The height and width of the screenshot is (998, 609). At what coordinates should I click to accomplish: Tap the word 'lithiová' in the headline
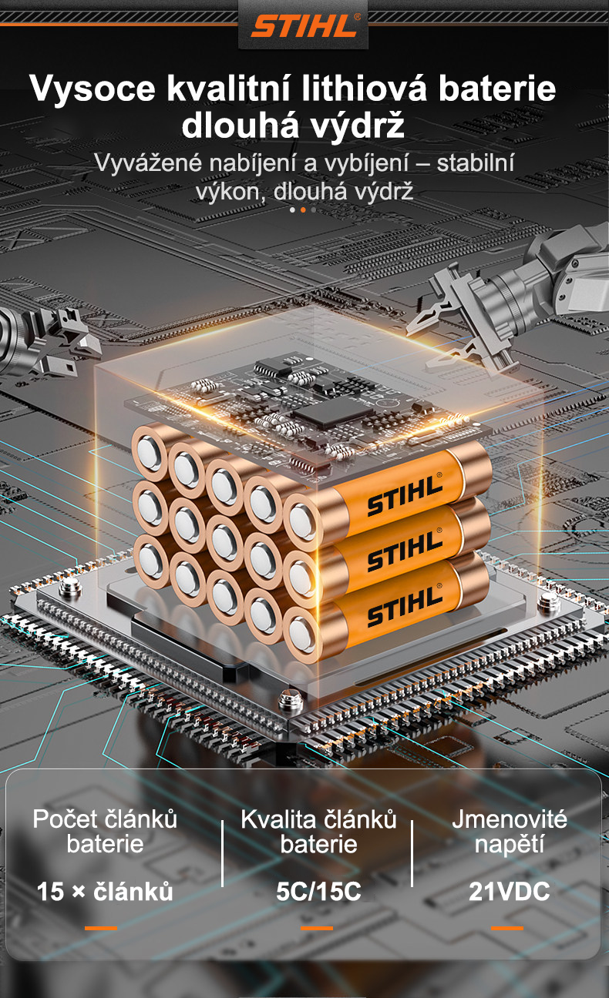pyautogui.click(x=364, y=89)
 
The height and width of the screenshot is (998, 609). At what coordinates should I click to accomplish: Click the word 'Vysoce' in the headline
pyautogui.click(x=93, y=89)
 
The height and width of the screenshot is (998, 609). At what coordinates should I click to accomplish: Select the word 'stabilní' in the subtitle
pyautogui.click(x=475, y=162)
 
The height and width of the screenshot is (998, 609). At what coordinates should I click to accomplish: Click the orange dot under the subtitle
pyautogui.click(x=303, y=210)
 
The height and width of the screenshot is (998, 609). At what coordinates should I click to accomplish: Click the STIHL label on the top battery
pyautogui.click(x=404, y=494)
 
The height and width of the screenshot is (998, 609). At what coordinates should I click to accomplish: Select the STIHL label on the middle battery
pyautogui.click(x=404, y=550)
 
